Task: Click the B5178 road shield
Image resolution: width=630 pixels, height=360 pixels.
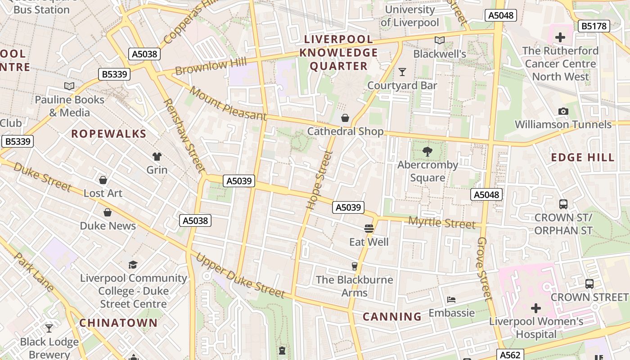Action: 594,26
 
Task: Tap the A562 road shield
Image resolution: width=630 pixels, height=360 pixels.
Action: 510,355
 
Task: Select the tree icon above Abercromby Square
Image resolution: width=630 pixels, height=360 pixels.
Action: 427,152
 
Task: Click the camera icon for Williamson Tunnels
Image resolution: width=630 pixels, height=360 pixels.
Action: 563,111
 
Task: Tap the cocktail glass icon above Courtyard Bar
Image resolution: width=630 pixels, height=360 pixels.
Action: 402,72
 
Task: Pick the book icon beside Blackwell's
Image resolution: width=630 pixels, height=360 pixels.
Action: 440,40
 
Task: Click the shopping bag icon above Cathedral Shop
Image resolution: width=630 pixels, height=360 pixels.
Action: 345,118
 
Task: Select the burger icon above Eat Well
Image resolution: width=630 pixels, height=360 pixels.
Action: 369,229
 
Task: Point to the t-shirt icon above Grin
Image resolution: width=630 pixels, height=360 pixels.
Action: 157,157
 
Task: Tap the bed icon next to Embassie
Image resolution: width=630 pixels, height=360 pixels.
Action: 451,300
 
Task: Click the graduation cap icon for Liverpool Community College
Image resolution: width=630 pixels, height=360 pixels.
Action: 133,265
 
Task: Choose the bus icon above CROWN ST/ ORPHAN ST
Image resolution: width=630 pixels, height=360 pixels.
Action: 563,204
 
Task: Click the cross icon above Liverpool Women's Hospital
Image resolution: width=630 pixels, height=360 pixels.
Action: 535,308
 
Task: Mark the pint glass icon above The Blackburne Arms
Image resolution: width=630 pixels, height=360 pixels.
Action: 355,266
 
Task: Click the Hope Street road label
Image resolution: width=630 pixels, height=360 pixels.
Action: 319,180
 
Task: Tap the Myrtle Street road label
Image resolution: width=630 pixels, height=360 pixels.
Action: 441,223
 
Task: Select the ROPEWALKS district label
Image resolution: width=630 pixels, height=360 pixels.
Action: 109,134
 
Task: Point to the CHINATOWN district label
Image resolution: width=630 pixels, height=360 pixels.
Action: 119,323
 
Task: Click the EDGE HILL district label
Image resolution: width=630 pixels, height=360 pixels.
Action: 582,157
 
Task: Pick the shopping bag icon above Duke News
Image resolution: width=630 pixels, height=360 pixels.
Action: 108,212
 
